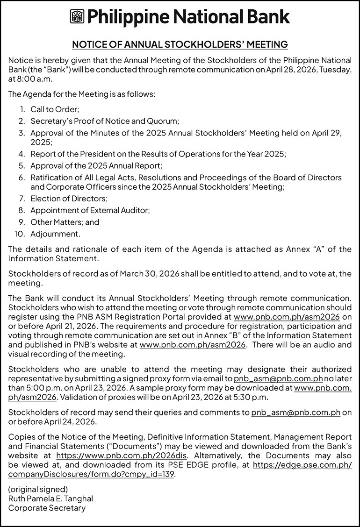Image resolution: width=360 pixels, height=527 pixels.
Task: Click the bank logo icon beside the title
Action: tap(76, 17)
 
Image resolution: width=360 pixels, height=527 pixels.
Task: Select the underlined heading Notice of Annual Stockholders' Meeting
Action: tap(180, 45)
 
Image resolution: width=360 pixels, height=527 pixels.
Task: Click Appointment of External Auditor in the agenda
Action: tap(90, 210)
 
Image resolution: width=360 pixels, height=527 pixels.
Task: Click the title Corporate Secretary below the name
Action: tap(47, 508)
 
